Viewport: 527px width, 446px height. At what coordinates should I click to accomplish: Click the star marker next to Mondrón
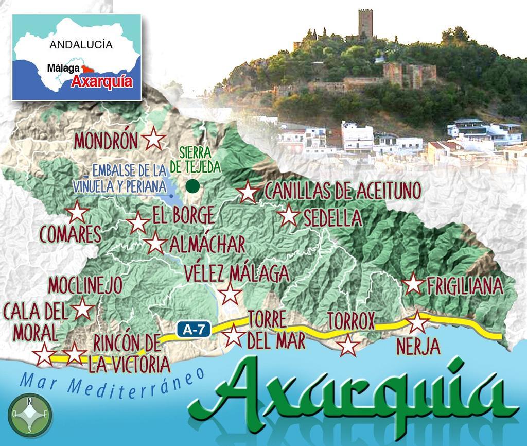[153, 139]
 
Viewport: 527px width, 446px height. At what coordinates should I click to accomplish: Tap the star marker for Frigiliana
[413, 284]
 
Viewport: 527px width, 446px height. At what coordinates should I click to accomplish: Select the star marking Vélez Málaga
[230, 294]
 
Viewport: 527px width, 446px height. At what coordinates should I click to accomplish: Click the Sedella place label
[332, 218]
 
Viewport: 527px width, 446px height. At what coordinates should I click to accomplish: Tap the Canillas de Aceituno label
[342, 191]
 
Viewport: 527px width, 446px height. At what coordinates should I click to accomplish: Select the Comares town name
[70, 235]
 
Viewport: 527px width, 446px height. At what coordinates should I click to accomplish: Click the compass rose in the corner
[30, 414]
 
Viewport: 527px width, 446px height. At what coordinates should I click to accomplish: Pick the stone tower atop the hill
[365, 23]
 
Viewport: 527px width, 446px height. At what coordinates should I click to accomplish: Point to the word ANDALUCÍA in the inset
[81, 45]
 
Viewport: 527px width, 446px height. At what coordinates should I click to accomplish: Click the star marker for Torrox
[348, 345]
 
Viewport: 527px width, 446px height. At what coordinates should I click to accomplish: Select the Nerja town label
[418, 347]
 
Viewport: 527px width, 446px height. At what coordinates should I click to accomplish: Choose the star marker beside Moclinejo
[82, 310]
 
